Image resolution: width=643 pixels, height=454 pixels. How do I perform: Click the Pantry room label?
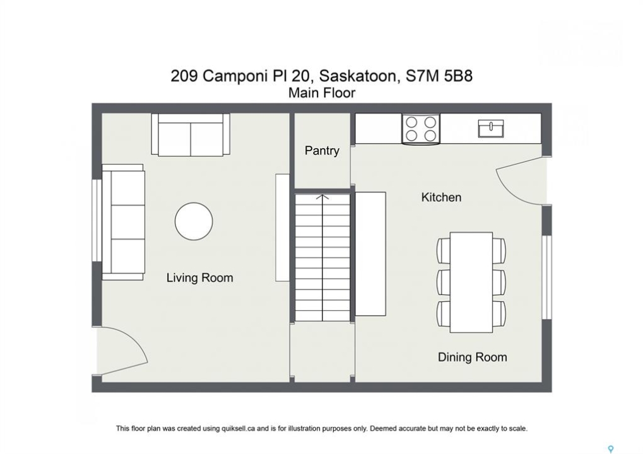click(x=322, y=151)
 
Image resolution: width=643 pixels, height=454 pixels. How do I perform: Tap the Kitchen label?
click(x=441, y=197)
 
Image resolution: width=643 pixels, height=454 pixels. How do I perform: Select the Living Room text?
click(x=199, y=277)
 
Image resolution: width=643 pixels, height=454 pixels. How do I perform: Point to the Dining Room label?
click(x=473, y=357)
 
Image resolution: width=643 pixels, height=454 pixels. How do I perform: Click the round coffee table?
click(x=194, y=221)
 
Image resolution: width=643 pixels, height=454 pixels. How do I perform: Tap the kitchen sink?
click(x=491, y=128)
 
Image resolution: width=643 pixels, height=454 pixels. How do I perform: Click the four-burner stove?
click(x=421, y=129)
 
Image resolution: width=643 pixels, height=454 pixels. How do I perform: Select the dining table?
click(x=471, y=282)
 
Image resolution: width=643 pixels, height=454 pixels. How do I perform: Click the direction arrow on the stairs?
click(x=322, y=258)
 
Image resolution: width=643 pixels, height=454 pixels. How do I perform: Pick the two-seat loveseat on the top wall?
click(x=191, y=134)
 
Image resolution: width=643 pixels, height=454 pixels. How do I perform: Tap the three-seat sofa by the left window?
click(x=123, y=222)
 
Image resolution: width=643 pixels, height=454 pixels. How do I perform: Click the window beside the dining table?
click(x=546, y=277)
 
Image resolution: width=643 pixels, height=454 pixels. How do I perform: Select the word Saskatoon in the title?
click(x=358, y=76)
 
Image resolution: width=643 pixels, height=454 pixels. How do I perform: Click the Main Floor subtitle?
click(x=322, y=93)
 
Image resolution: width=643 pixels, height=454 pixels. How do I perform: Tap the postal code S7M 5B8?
click(x=439, y=76)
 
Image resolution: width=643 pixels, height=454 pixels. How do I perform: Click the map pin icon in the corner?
click(x=611, y=450)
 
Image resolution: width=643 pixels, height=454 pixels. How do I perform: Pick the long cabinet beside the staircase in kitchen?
click(x=370, y=253)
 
